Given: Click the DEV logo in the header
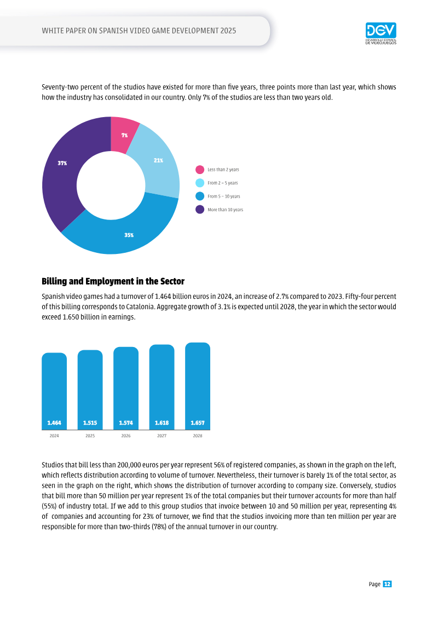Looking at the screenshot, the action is (381, 33).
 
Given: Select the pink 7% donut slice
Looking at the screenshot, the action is (124, 135).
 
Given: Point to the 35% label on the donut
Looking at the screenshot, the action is (129, 235).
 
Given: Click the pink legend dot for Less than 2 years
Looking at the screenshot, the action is (200, 170).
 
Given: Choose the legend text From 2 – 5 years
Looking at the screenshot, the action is (223, 183).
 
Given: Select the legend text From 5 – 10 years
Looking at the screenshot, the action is (224, 196).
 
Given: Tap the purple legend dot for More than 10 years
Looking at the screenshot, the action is (200, 210).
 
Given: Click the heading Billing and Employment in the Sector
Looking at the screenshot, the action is (113, 281).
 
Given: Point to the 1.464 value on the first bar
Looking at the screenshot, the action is (54, 423).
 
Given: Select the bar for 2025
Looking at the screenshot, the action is (90, 390).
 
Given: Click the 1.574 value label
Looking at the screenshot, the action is (126, 423).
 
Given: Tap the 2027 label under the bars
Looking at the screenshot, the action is (162, 436).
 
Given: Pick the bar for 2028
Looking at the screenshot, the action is (198, 386).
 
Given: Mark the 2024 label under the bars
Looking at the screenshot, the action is (54, 436).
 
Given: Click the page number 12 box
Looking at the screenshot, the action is (387, 585).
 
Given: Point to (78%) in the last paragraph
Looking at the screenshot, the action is (159, 527).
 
